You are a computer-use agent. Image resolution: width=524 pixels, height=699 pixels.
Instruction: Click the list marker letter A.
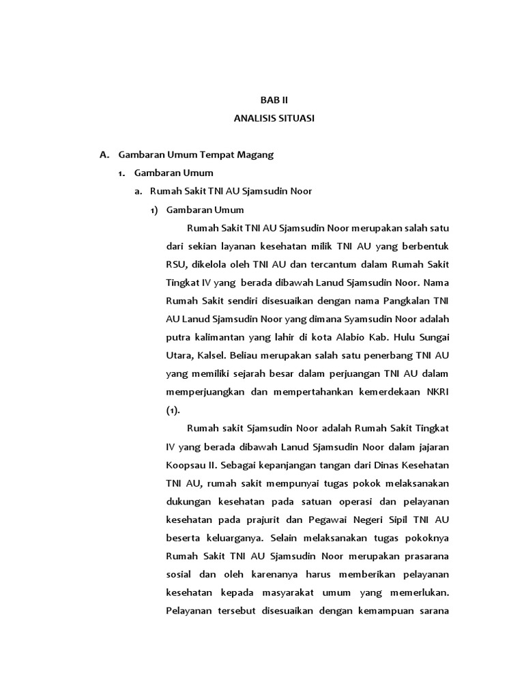click(x=104, y=154)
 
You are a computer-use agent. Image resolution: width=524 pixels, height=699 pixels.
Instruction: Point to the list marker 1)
click(x=154, y=210)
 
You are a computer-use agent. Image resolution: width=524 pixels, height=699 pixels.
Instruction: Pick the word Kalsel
click(x=211, y=355)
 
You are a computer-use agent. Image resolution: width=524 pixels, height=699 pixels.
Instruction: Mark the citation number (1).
click(x=173, y=410)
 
